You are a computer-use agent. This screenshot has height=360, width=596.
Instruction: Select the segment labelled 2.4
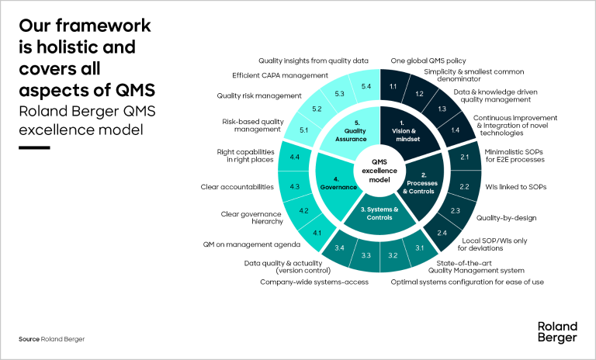[x=442, y=234]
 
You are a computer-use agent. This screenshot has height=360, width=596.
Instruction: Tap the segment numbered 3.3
[x=367, y=255]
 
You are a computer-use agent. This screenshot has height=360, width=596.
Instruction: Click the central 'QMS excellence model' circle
[x=379, y=168]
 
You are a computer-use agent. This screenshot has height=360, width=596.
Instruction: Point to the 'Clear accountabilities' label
[x=238, y=187]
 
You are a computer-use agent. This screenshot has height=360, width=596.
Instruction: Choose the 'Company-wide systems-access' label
[x=314, y=282]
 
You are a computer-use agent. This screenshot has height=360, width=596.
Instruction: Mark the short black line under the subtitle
[x=34, y=146]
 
